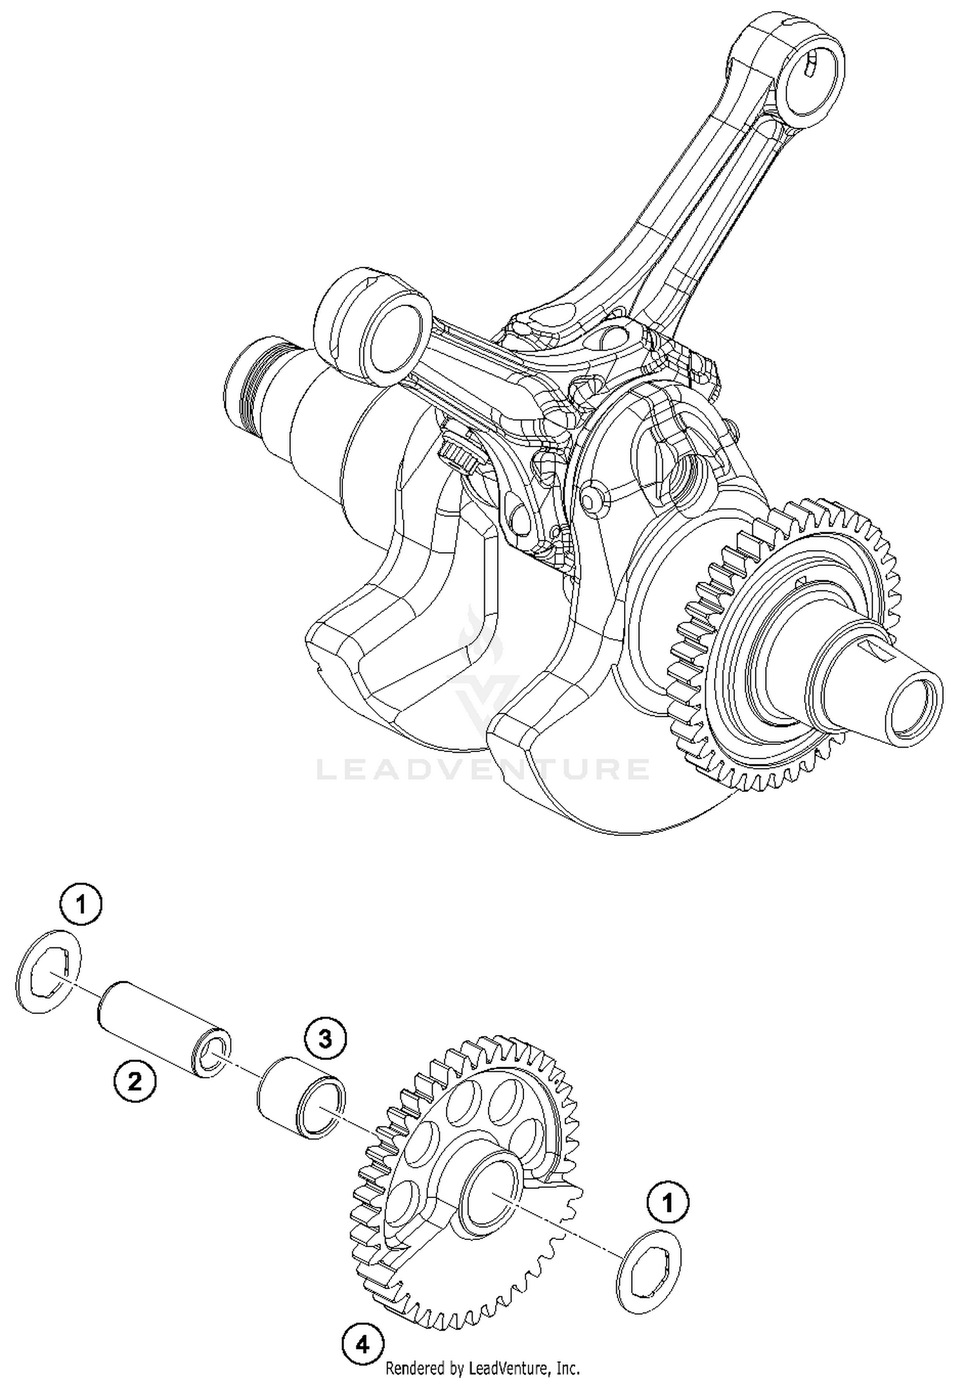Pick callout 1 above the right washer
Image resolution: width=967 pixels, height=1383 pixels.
668,1203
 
